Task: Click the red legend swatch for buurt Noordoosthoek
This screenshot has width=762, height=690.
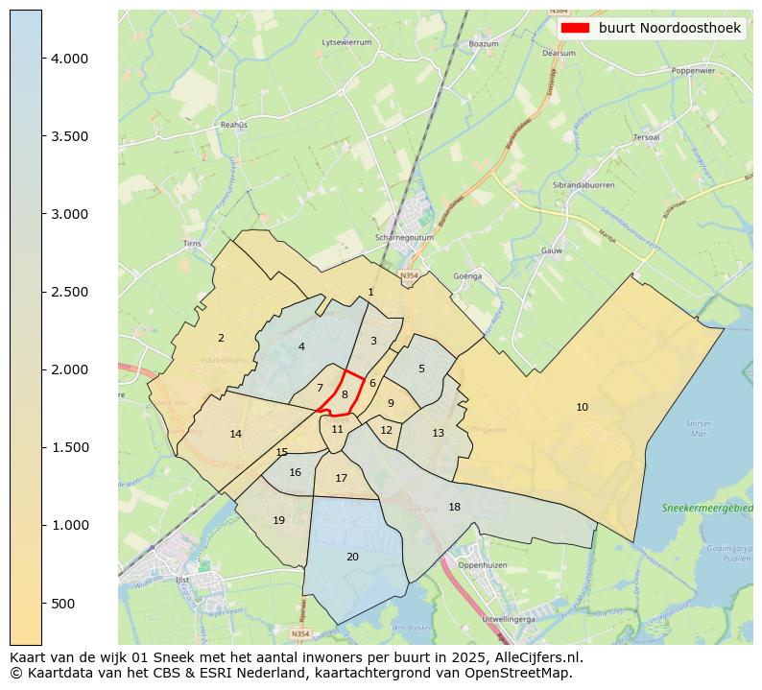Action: tap(574, 28)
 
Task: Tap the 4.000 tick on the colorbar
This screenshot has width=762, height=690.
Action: tap(42, 59)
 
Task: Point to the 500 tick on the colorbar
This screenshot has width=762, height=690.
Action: tap(42, 603)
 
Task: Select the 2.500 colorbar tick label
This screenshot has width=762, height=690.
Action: tap(69, 292)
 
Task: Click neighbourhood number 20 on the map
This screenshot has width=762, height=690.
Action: tap(352, 557)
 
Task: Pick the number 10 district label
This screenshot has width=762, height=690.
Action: tap(582, 407)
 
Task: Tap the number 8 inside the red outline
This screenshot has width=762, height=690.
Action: tap(345, 394)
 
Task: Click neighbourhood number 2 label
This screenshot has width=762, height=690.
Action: tap(221, 338)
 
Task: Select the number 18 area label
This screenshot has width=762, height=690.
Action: tap(454, 507)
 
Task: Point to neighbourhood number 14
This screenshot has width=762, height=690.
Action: tap(236, 434)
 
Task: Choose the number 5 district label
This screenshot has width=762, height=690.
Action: tap(420, 369)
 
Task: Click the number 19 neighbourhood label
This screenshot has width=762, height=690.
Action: tap(278, 520)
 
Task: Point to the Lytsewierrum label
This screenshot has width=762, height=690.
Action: tap(346, 42)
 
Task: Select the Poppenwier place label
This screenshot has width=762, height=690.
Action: tap(693, 70)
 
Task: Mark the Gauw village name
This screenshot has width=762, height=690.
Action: tap(551, 250)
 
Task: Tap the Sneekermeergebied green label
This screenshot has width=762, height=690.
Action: tap(708, 507)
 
